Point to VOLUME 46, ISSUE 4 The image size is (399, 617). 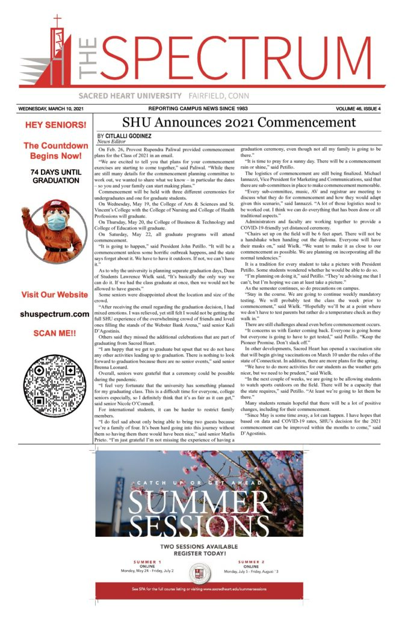359,109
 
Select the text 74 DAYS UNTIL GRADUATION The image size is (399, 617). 55,175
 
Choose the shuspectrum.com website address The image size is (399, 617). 55,314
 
